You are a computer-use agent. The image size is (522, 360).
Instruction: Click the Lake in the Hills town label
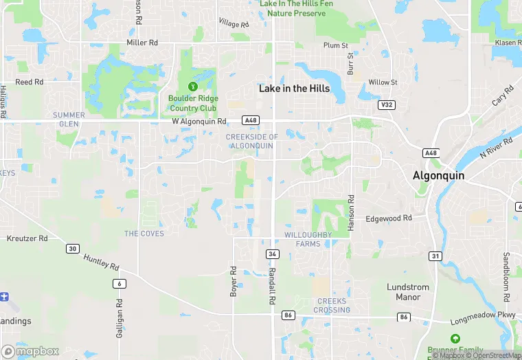[294, 89]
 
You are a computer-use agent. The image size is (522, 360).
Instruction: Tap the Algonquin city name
[438, 175]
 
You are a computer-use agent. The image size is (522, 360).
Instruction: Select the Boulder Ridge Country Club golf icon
[193, 87]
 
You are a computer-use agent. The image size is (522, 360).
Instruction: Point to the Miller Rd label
[143, 43]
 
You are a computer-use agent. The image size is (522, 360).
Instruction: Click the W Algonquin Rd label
[198, 122]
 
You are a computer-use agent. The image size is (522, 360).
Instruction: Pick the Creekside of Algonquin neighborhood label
[252, 142]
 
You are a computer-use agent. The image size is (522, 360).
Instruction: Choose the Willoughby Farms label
[308, 239]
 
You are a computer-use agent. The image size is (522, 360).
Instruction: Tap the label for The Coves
[144, 234]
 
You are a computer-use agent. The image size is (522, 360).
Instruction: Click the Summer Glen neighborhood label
[69, 119]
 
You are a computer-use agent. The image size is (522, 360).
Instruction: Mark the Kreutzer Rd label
[27, 238]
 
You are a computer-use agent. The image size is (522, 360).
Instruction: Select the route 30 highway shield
[72, 249]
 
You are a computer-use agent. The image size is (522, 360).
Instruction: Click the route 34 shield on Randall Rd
[273, 254]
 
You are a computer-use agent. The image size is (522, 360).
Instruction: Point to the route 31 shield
[435, 256]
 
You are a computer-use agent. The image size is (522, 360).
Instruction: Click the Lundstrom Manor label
[408, 292]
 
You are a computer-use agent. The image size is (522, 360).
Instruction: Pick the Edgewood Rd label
[389, 218]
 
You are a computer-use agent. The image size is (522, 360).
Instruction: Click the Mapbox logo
[30, 351]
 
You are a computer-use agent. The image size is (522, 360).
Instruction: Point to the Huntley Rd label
[101, 262]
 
